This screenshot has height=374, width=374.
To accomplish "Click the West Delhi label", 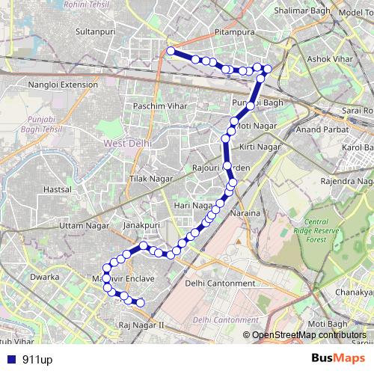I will (128, 141).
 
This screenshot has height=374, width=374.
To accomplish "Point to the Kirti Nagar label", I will (260, 147).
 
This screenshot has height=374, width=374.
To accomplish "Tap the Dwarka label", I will (45, 277).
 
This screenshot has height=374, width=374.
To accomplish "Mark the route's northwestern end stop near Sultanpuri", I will (171, 51).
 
